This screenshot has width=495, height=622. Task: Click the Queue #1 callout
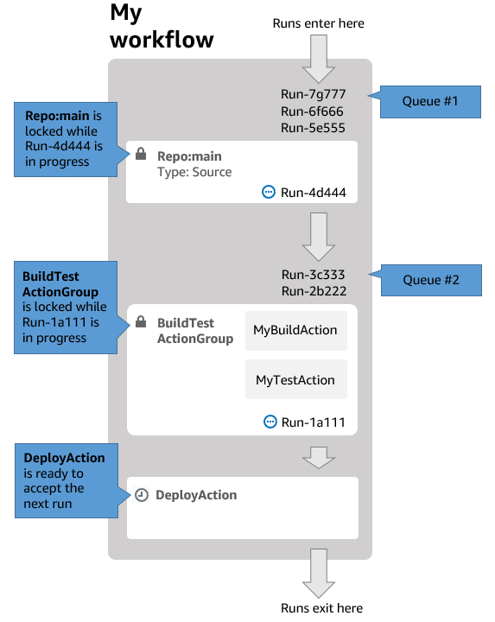[430, 101]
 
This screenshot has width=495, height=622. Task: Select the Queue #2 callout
[430, 281]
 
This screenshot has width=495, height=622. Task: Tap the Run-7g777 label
[314, 96]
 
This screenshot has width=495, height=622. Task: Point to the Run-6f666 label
[314, 111]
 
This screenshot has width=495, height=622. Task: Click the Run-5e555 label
[314, 128]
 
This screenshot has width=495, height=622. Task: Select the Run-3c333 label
[314, 276]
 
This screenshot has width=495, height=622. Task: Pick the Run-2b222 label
[314, 291]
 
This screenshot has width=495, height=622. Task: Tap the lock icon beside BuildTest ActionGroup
[140, 322]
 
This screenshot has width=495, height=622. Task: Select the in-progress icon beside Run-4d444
[269, 193]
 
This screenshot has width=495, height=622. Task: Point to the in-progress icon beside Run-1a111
[270, 422]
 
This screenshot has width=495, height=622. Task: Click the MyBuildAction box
[295, 331]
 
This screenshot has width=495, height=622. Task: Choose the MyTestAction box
[295, 379]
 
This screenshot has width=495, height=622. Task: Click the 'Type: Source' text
[194, 172]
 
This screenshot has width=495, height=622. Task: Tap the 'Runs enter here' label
[318, 23]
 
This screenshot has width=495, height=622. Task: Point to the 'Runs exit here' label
[322, 608]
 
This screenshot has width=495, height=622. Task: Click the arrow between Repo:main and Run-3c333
[319, 236]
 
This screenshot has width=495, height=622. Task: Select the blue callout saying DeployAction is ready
[66, 480]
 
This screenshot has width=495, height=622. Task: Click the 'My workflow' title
[162, 26]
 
